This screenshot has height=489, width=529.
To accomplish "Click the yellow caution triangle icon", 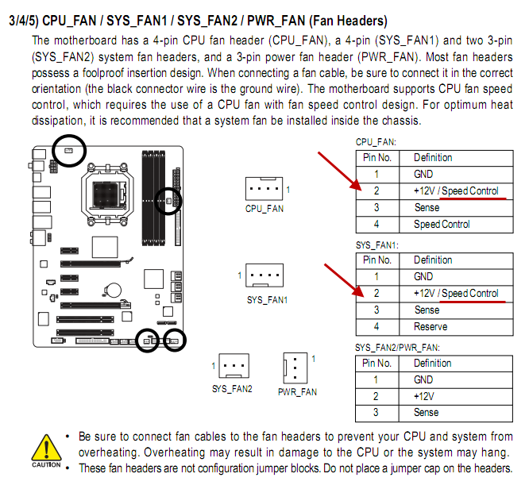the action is point(47,448).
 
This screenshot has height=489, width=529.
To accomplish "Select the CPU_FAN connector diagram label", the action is point(264,209).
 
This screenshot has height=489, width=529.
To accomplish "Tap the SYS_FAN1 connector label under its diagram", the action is point(267,300).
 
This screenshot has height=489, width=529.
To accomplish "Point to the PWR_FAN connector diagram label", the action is point(297,392).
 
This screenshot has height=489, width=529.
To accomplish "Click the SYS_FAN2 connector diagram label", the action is point(232,389).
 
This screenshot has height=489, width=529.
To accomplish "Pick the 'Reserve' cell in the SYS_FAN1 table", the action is point(431,326).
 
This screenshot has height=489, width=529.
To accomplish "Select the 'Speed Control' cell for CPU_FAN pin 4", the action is point(442,225).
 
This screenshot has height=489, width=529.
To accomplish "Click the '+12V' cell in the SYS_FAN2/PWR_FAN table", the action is point(423,396).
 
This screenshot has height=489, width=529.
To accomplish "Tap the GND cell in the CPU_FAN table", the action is point(423,174).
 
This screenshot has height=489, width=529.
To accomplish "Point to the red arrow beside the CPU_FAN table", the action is point(339,171).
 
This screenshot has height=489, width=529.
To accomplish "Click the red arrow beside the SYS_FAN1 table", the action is point(344,280).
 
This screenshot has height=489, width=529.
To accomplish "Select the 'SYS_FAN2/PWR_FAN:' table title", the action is point(397,348).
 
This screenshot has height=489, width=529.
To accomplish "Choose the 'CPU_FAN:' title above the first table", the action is point(376,142).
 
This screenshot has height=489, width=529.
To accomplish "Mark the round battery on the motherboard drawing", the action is point(113,290).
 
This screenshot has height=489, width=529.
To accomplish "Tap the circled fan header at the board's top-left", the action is point(69,150).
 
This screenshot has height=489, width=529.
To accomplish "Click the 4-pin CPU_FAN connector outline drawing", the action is point(264,188).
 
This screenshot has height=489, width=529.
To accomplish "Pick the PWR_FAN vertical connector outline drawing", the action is point(295,368).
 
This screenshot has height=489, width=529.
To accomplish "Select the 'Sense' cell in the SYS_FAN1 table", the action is point(427,310).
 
